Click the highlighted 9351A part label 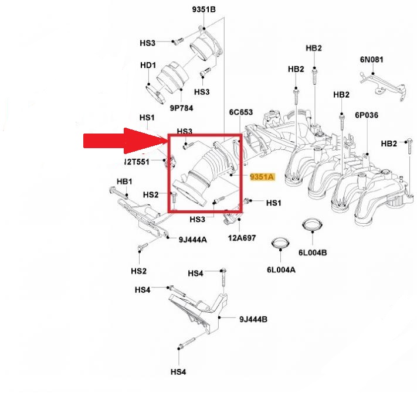click(262, 176)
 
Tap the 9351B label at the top click(204, 11)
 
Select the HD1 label click(147, 65)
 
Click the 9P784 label click(182, 108)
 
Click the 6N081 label click(372, 59)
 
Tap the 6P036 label click(367, 115)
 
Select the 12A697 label click(242, 238)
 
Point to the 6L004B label click(312, 252)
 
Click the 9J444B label click(253, 319)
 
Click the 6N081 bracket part click(381, 83)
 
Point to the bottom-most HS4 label click(178, 371)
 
